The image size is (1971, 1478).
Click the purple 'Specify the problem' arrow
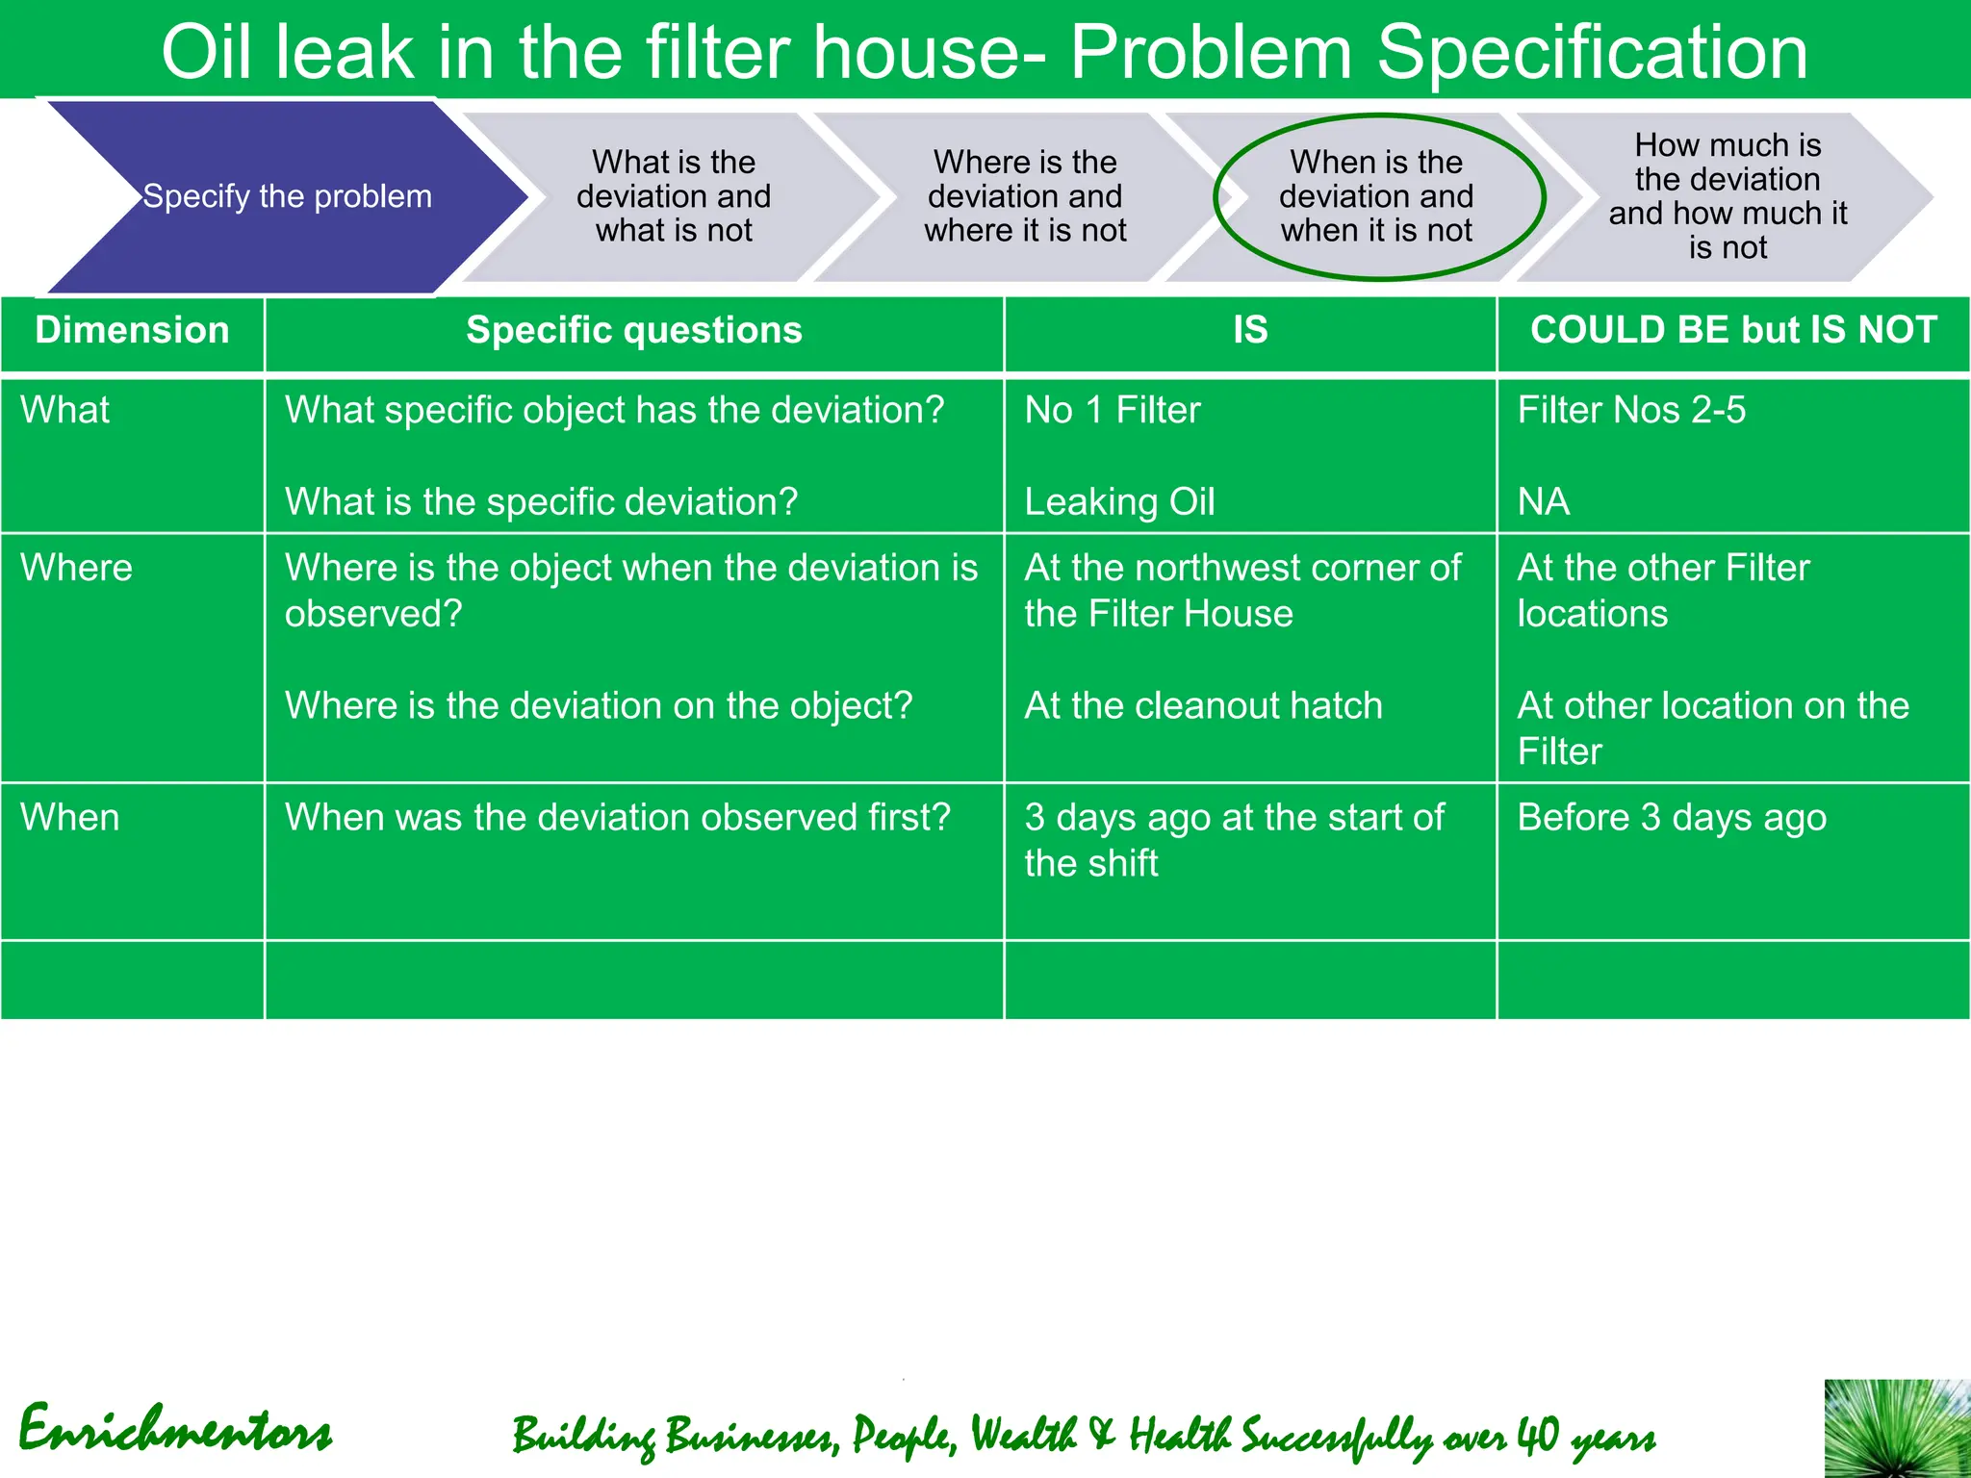click(x=287, y=196)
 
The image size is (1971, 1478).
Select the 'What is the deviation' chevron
click(x=674, y=196)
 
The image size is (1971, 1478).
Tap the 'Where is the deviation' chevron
click(x=1025, y=196)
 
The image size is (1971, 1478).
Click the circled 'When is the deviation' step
click(x=1377, y=196)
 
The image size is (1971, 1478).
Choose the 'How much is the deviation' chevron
click(x=1728, y=196)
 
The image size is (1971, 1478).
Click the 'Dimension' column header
click(x=132, y=330)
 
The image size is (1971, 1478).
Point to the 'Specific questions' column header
click(x=634, y=330)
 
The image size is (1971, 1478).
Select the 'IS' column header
click(x=1250, y=330)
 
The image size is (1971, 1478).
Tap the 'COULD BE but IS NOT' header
click(x=1733, y=330)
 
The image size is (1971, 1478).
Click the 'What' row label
click(x=65, y=410)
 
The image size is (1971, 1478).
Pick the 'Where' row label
click(x=77, y=568)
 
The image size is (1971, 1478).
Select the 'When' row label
click(x=70, y=818)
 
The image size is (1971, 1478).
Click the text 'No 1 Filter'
click(x=1113, y=410)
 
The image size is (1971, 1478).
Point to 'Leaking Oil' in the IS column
click(x=1119, y=501)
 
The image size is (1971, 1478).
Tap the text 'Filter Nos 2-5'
click(x=1631, y=410)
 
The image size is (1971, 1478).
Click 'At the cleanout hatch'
click(x=1203, y=705)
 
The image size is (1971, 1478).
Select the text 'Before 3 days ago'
click(x=1672, y=818)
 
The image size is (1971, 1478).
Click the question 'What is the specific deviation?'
click(x=541, y=501)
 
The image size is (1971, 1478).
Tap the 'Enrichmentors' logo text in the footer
click(x=175, y=1431)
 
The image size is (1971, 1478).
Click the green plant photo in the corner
click(x=1897, y=1429)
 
